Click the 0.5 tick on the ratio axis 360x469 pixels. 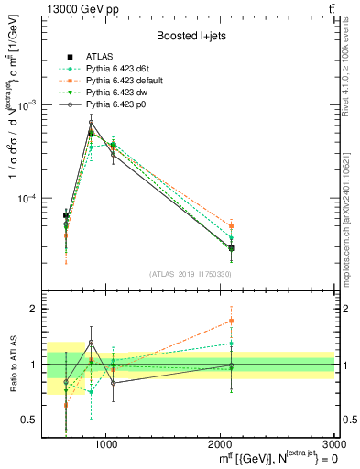(30, 420)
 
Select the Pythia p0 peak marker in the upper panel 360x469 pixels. (91, 123)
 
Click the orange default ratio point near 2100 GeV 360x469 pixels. (232, 321)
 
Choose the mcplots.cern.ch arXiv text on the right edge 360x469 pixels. (352, 211)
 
